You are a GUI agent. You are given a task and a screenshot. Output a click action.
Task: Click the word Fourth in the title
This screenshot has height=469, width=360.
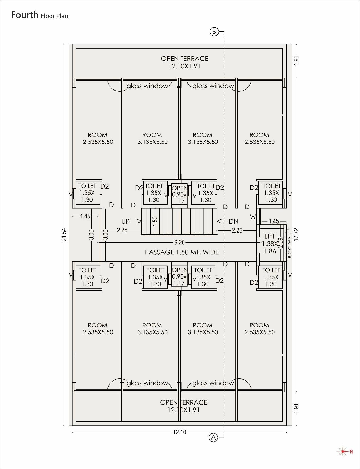tap(24, 15)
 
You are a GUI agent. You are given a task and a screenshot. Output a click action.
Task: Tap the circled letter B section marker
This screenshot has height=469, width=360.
tap(214, 32)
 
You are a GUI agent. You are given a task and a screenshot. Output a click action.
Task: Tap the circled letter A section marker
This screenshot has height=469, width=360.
tap(213, 437)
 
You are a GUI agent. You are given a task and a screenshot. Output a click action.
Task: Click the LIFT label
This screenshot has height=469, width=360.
tap(270, 236)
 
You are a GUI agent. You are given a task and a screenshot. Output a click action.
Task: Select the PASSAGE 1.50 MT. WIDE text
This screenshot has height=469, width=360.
tap(182, 252)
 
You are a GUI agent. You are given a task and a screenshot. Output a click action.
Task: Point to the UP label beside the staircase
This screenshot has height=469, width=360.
tap(125, 221)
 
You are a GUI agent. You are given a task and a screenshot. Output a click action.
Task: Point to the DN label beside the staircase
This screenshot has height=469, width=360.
tap(233, 221)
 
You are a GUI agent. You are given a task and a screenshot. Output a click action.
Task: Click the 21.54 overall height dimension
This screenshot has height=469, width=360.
tap(64, 234)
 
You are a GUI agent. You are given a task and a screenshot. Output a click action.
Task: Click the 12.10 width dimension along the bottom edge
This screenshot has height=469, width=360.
tap(179, 432)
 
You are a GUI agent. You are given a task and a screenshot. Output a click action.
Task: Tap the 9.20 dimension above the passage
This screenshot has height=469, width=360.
tap(179, 242)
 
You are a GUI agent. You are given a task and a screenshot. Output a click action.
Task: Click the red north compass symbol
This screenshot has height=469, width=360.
tap(343, 452)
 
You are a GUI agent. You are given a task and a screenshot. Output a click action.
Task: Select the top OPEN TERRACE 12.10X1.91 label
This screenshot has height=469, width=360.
tap(184, 62)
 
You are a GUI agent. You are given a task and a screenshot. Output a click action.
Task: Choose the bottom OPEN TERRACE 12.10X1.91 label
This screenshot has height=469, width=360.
tap(184, 406)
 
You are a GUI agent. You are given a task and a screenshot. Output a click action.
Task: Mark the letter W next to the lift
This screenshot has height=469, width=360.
tap(253, 217)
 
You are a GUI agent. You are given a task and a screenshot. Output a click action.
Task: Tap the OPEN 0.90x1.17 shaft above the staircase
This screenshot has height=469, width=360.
tap(179, 194)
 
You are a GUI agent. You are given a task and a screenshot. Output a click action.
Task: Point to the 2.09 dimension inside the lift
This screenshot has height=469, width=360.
tap(280, 243)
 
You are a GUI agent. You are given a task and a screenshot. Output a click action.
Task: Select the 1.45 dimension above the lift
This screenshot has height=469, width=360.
tap(274, 221)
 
